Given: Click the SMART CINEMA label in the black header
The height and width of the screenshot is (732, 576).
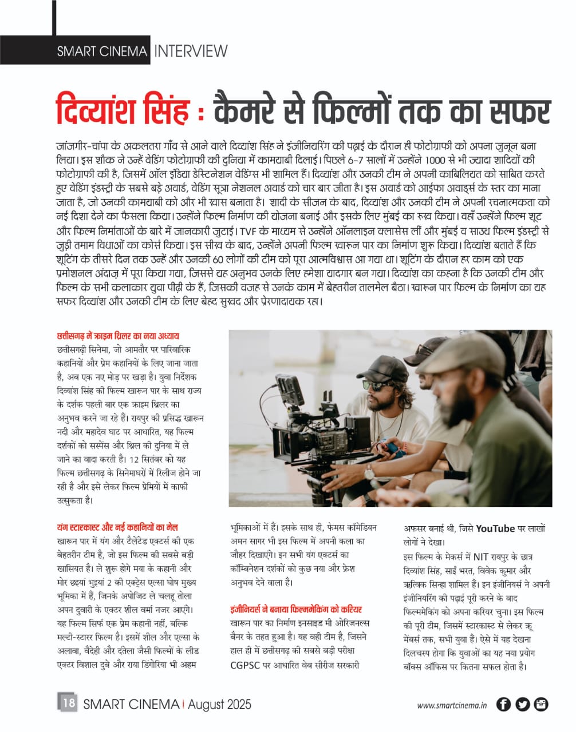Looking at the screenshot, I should click(102, 51).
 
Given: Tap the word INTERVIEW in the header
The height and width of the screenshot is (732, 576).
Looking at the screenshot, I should click(191, 51).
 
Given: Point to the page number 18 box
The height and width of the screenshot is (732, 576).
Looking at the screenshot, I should click(68, 703).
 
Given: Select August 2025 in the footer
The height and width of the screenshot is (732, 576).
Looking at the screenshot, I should click(219, 704).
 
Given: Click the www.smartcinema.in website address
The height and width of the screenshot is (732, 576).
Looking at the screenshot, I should click(452, 706).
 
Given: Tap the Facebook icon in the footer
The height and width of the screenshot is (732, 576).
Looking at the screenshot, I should click(503, 705).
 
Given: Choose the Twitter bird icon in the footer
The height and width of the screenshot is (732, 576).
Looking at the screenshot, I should click(522, 705).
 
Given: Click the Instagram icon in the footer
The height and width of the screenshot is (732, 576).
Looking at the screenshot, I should click(541, 705).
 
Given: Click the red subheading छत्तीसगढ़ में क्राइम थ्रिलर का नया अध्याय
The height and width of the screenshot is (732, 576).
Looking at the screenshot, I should click(119, 336).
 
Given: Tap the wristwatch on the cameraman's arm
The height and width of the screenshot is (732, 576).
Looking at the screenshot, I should click(369, 472).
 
